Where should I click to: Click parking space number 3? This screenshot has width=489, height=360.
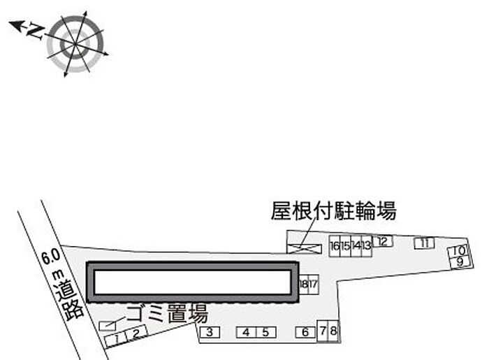tap(210, 332)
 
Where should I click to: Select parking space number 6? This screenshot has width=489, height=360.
tap(306, 332)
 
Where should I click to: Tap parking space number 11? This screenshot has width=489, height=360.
tap(424, 243)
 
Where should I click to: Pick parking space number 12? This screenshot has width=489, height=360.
tap(382, 241)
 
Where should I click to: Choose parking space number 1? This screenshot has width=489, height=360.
tap(115, 340)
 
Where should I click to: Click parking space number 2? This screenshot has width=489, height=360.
tap(136, 333)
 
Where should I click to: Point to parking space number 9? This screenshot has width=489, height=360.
tap(460, 261)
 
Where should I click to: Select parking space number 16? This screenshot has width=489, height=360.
tap(335, 246)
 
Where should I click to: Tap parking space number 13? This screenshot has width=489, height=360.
tap(367, 246)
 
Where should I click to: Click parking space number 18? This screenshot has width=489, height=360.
tap(303, 285)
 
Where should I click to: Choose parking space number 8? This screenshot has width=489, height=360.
tap(333, 331)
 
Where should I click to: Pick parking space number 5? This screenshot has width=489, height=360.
tap(266, 332)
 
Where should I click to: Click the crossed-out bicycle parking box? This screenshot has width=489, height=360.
tap(304, 249)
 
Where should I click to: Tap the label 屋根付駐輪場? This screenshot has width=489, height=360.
tap(333, 211)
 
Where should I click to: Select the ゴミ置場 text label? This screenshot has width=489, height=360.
tap(168, 313)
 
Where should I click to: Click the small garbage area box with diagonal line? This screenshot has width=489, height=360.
tap(108, 326)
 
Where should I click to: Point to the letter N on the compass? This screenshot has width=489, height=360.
tap(36, 32)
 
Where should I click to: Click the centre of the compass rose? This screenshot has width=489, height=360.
tap(75, 45)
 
